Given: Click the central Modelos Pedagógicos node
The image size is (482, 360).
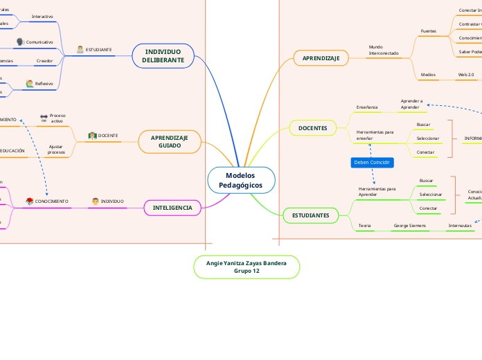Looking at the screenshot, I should (241, 181).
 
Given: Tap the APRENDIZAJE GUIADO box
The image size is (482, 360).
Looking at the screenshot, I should (170, 142).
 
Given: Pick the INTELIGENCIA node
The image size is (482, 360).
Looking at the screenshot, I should (172, 207).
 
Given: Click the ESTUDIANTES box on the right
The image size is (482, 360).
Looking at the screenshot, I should (310, 216).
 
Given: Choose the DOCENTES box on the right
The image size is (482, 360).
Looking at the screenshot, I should (312, 128).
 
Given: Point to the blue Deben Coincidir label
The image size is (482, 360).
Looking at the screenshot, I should (373, 162).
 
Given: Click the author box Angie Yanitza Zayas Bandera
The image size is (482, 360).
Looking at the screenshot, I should (247, 267).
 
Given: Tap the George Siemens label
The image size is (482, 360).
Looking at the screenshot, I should (410, 226).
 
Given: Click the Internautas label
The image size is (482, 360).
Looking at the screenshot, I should (460, 226).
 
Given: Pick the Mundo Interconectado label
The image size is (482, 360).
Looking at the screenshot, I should (384, 50).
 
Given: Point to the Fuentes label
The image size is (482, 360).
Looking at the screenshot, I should (429, 32).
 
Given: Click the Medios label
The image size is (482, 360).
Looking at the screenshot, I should (428, 74).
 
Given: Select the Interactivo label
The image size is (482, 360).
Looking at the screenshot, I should (42, 15).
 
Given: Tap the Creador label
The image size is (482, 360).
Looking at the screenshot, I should (44, 61).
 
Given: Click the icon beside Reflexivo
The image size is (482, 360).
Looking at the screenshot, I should (29, 84).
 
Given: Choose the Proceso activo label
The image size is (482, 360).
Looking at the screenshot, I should (57, 118).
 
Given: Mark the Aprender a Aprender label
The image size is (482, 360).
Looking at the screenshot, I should (411, 104).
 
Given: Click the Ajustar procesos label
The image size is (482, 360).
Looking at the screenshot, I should (57, 149).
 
